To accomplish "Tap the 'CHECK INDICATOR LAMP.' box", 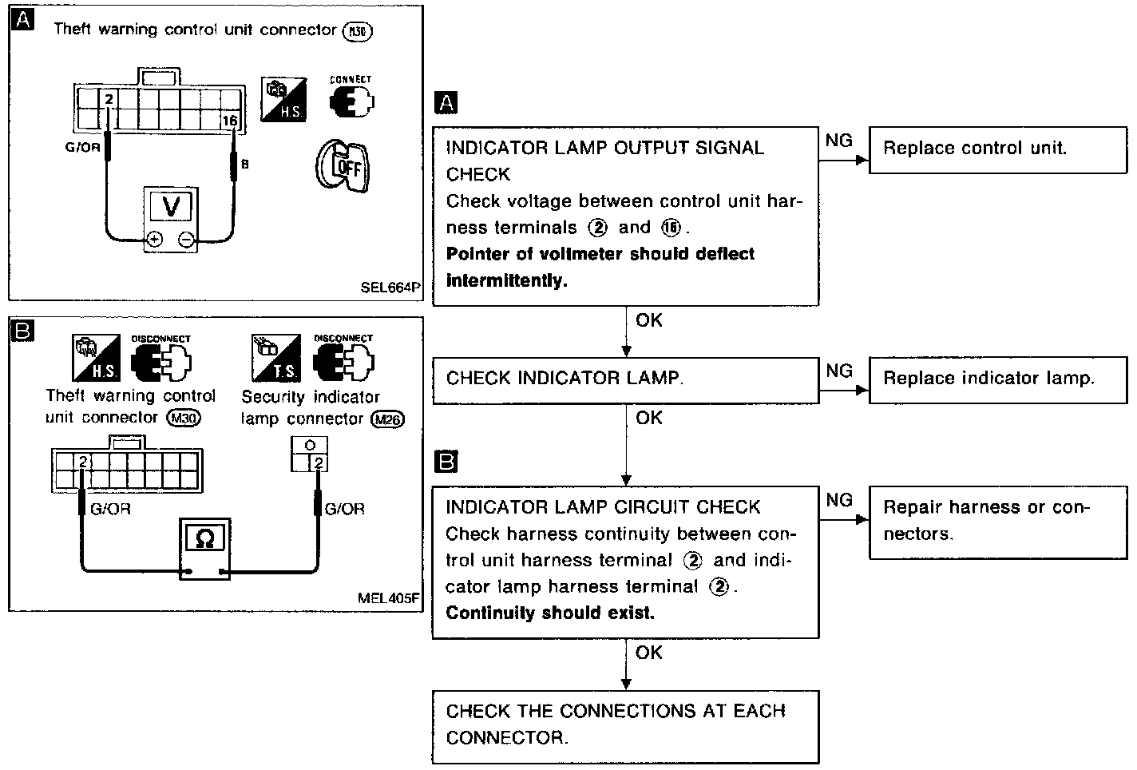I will pyautogui.click(x=625, y=379).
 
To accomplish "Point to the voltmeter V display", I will pyautogui.click(x=171, y=207).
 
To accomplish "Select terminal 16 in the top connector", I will pyautogui.click(x=230, y=121).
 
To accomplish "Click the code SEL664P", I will pyautogui.click(x=389, y=286).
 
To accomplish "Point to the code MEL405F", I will pyautogui.click(x=390, y=597).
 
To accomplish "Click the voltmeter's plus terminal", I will pyautogui.click(x=154, y=239).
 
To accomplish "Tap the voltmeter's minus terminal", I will pyautogui.click(x=186, y=239).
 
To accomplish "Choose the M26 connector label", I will pyautogui.click(x=388, y=419).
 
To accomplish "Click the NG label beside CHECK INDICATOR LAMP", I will pyautogui.click(x=839, y=371).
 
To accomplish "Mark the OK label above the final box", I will pyautogui.click(x=649, y=653).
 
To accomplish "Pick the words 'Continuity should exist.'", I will pyautogui.click(x=550, y=613).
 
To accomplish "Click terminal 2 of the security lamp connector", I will pyautogui.click(x=319, y=462).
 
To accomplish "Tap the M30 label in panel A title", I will pyautogui.click(x=357, y=31).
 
